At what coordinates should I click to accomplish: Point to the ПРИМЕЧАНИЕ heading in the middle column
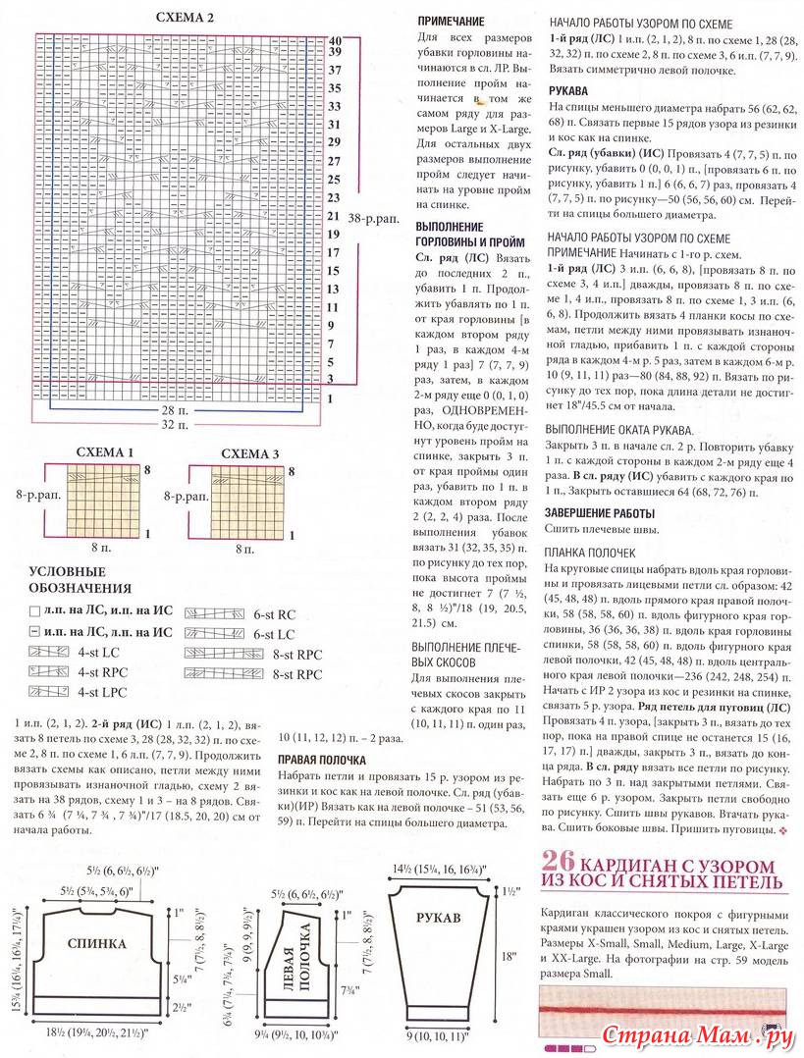pos(451,20)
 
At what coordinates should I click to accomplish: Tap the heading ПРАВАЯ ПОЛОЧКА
pos(322,759)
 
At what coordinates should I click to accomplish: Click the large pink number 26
pos(560,864)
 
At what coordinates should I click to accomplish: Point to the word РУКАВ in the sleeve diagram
pos(438,920)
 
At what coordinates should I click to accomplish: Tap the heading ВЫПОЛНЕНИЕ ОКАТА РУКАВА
pos(620,430)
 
